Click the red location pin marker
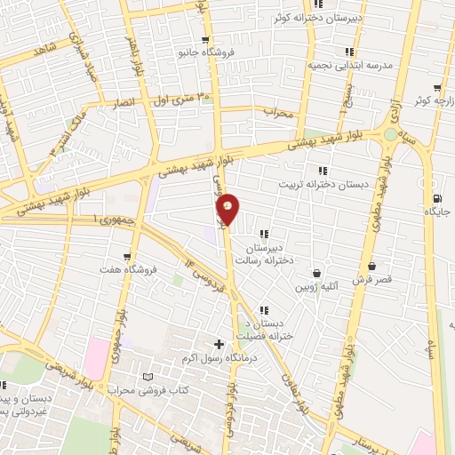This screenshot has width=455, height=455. pyautogui.click(x=228, y=209)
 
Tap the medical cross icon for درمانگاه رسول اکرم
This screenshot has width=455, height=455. pyautogui.click(x=220, y=343)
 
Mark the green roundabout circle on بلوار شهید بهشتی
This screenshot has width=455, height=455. pyautogui.click(x=390, y=134)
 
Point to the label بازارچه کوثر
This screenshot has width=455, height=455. pyautogui.click(x=427, y=100)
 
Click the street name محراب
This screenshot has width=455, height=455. pyautogui.click(x=277, y=113)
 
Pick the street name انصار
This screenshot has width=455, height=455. pyautogui.click(x=126, y=103)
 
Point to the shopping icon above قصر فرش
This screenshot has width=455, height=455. pyautogui.click(x=371, y=265)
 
